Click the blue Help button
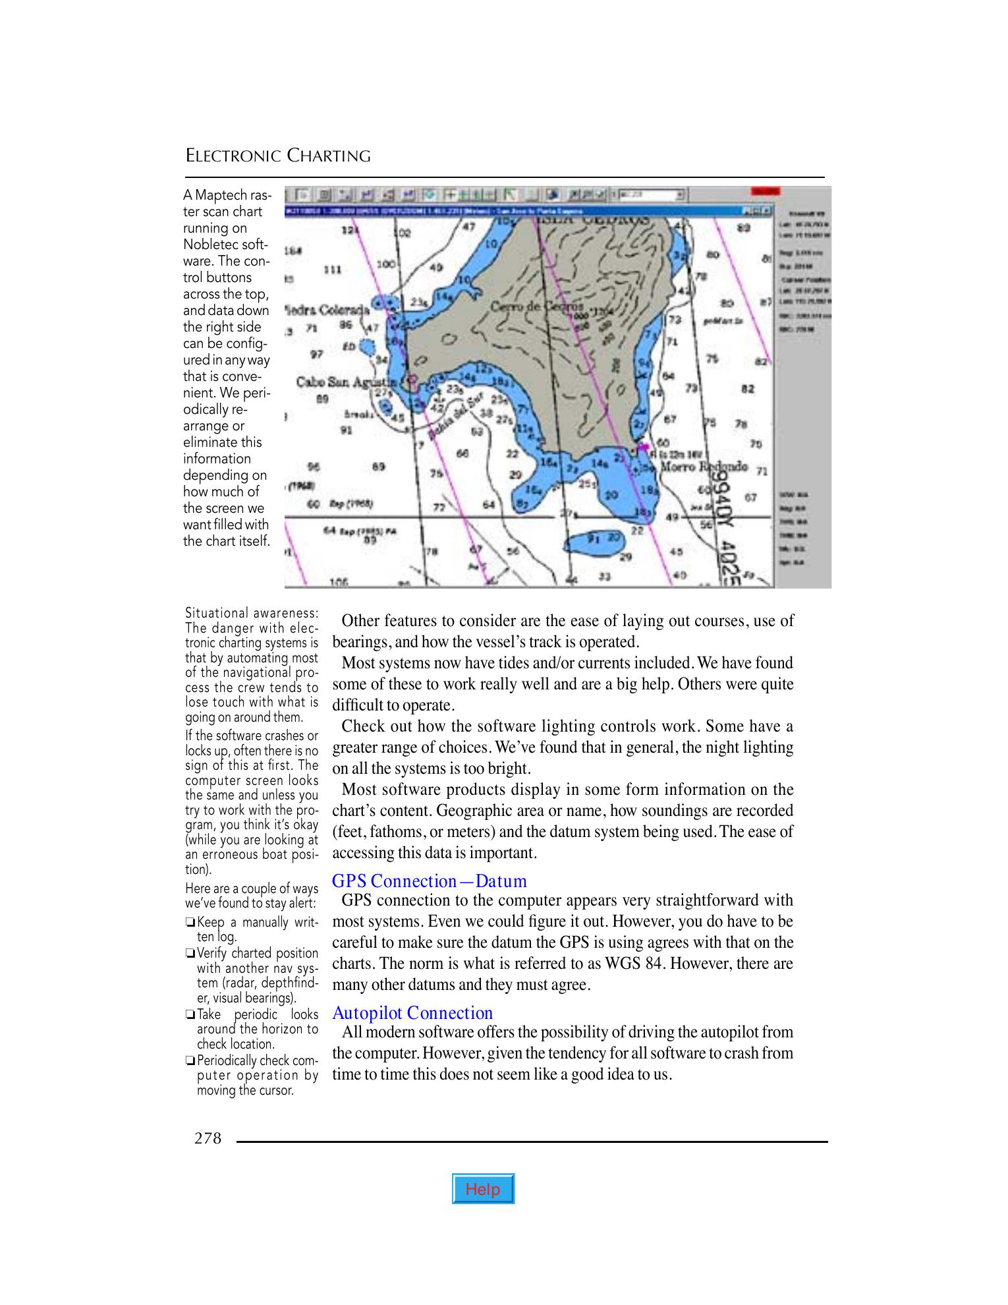tap(483, 1190)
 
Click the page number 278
tap(208, 1138)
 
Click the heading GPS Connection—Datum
tap(429, 881)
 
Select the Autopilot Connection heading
tap(412, 1013)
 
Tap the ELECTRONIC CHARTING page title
tap(277, 156)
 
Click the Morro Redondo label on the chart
tap(704, 466)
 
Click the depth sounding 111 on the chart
tap(333, 270)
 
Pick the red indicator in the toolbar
tap(765, 191)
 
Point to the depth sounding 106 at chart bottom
tap(338, 583)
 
